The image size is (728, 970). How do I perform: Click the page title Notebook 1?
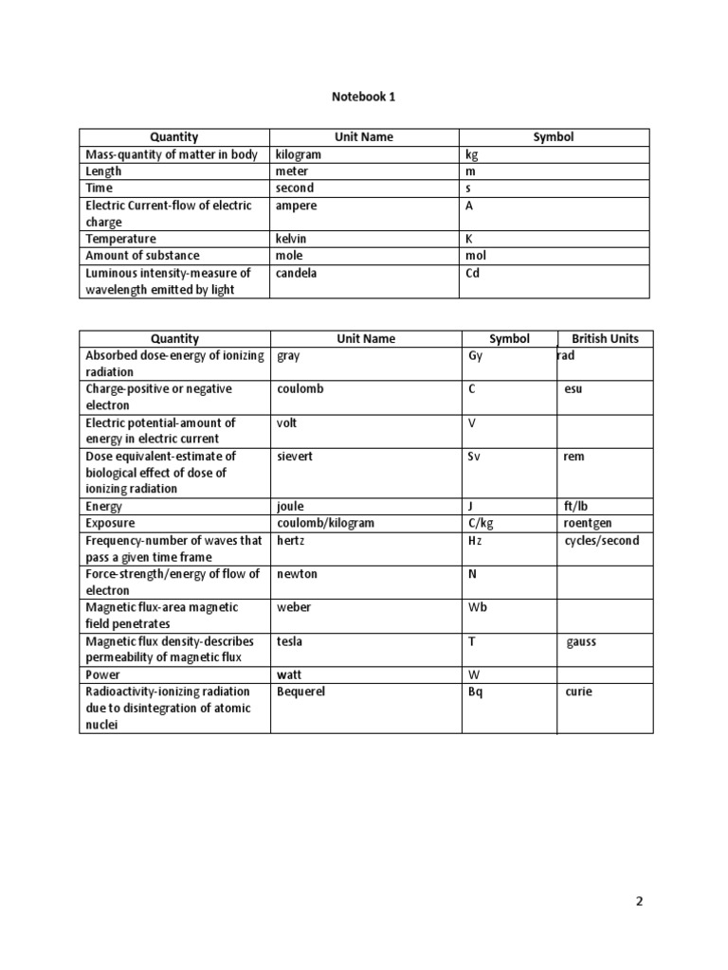364,96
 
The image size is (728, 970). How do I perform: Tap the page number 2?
639,901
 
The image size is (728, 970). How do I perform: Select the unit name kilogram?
299,154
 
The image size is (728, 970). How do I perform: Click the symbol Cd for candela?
473,273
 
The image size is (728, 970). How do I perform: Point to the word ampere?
297,206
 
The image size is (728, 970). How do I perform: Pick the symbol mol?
475,256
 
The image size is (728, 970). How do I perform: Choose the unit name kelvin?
293,239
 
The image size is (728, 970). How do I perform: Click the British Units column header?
605,338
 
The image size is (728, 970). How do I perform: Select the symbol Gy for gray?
476,356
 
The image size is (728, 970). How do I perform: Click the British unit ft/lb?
576,506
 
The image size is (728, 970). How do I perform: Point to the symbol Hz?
475,541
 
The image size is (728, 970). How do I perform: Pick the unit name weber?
293,607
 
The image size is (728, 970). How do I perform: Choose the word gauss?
582,641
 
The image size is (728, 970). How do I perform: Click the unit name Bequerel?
301,692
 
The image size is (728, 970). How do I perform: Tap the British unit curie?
578,692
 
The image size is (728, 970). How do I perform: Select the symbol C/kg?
481,523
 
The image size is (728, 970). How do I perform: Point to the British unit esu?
573,388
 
